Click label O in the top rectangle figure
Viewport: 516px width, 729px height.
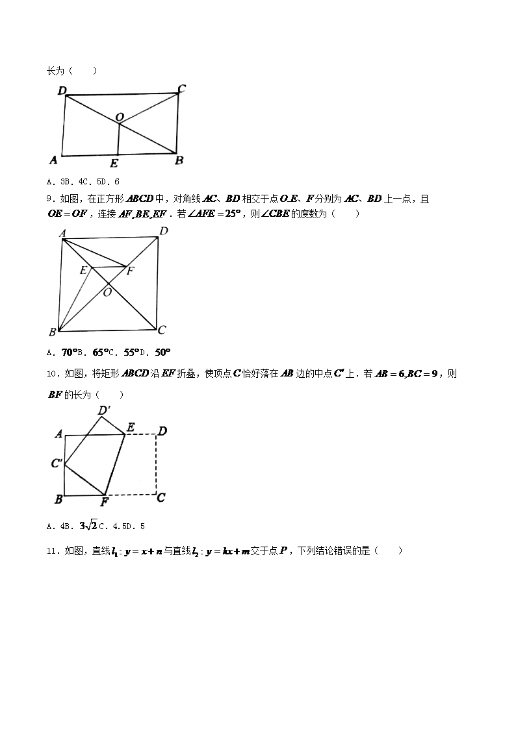120,117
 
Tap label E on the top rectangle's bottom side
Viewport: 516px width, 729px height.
114,163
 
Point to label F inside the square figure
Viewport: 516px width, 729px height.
130,271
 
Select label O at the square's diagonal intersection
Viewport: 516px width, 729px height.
107,293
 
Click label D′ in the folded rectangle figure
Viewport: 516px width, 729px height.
103,410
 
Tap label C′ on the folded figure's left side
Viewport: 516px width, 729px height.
57,463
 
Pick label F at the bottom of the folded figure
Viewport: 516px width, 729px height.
104,501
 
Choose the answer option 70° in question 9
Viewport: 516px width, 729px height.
69,352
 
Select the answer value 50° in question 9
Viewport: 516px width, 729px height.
162,352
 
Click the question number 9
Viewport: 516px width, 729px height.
51,199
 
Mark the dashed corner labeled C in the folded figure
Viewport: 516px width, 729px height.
161,498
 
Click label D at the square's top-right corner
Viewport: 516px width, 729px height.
163,231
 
